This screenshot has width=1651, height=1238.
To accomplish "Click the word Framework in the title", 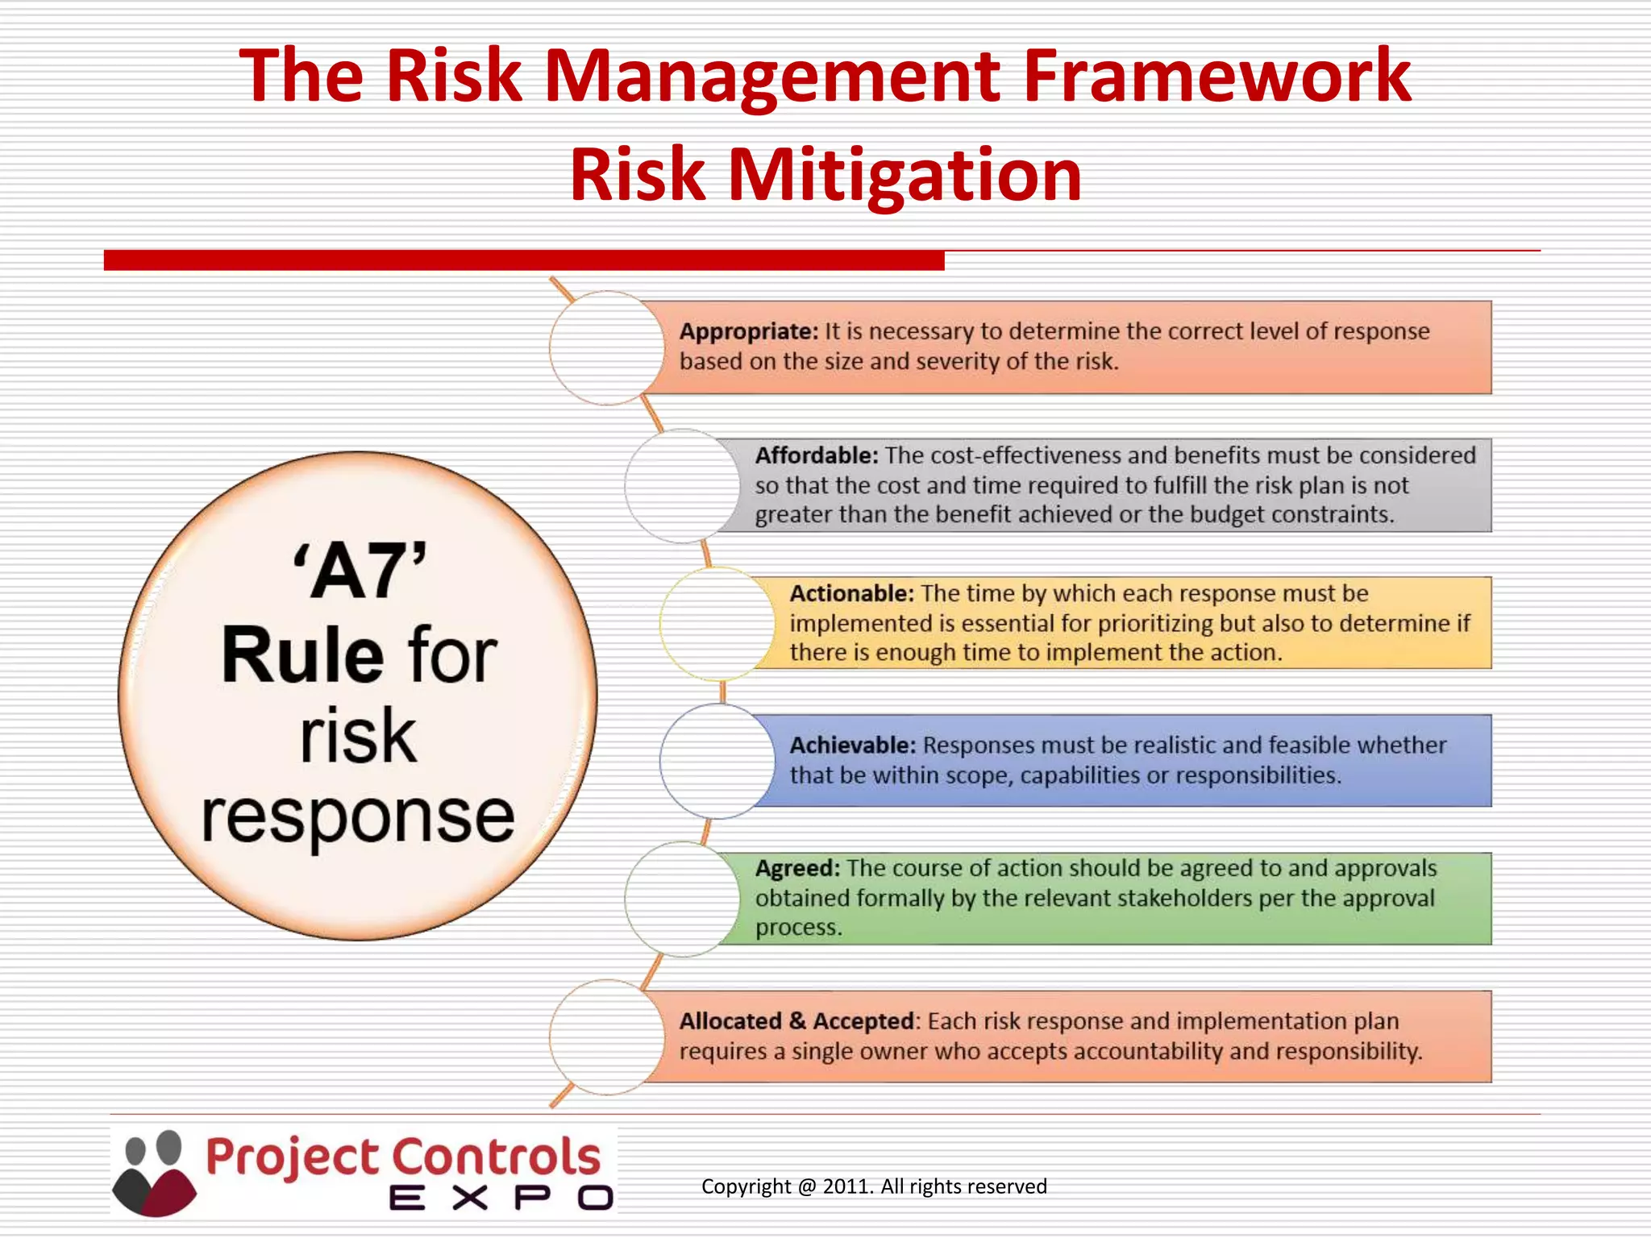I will pyautogui.click(x=1217, y=77).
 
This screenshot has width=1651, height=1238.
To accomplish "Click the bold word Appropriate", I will pyautogui.click(x=748, y=331).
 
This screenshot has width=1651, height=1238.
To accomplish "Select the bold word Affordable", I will pyautogui.click(x=816, y=455).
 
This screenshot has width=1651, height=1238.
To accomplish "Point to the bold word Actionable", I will pyautogui.click(x=851, y=594).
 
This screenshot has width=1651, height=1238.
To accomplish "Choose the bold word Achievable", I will pyautogui.click(x=852, y=746).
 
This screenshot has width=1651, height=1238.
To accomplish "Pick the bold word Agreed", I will pyautogui.click(x=796, y=869).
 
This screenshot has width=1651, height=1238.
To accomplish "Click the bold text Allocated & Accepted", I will pyautogui.click(x=796, y=1021).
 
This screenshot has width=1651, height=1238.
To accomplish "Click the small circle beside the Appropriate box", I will pyautogui.click(x=606, y=348).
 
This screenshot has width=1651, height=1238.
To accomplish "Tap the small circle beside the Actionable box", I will pyautogui.click(x=716, y=623).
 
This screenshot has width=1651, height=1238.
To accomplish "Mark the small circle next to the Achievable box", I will pyautogui.click(x=716, y=761).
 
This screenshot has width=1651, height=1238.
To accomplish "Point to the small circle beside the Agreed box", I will pyautogui.click(x=681, y=899).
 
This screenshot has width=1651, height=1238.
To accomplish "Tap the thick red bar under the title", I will pyautogui.click(x=524, y=260).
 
